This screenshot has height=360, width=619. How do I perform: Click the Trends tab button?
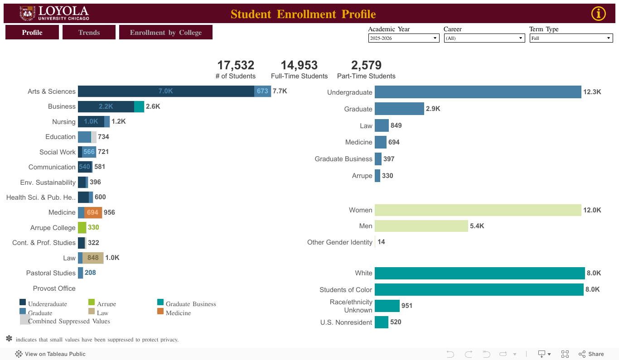(x=89, y=32)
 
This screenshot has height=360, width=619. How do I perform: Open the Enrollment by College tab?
(x=165, y=32)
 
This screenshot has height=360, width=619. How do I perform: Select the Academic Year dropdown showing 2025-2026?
(x=403, y=38)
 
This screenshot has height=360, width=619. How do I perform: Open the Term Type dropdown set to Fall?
(x=571, y=38)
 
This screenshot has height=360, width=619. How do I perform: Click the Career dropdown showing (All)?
(x=484, y=38)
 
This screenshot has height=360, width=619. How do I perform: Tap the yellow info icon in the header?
(x=598, y=14)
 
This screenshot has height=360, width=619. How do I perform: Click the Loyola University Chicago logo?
(x=54, y=14)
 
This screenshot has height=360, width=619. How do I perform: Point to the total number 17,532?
(x=236, y=65)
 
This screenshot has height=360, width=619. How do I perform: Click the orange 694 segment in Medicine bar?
(x=93, y=212)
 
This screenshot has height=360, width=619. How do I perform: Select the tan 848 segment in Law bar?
(x=93, y=258)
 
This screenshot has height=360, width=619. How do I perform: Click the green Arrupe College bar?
(x=82, y=227)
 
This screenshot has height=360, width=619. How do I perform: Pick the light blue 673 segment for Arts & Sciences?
(x=262, y=91)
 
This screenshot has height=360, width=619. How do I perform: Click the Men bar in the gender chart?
(x=421, y=226)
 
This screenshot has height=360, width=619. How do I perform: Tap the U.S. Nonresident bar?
(x=381, y=322)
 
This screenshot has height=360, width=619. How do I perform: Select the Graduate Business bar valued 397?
(x=378, y=159)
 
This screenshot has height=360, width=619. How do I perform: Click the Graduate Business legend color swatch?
(x=160, y=302)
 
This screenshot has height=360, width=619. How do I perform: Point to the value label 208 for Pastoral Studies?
(x=90, y=273)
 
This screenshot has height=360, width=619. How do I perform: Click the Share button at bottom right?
(x=591, y=354)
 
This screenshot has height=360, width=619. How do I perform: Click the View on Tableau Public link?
(x=50, y=354)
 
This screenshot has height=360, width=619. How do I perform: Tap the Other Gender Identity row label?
(x=339, y=242)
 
